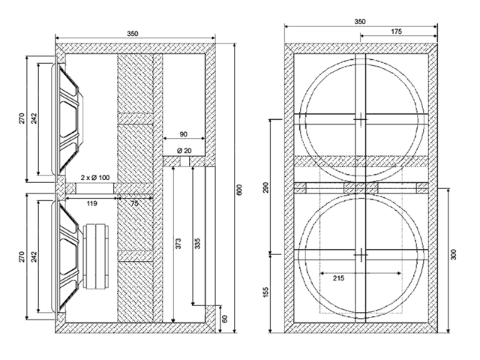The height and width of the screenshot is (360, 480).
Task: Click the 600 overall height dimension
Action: pos(239,190)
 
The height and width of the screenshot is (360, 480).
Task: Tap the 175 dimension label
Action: pos(396,31)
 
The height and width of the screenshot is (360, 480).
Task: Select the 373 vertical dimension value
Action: pos(178,243)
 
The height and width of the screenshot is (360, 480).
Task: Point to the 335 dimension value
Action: pos(197,243)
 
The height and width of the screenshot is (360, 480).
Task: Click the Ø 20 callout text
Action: pos(184,150)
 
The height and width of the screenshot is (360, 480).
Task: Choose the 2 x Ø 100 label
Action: pos(95,177)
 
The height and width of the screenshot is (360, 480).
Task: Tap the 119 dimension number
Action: pos(91,203)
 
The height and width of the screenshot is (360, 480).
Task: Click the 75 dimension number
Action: pos(134,203)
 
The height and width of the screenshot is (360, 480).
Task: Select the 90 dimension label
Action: pos(183,134)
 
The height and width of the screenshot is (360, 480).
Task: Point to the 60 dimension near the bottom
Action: pos(224,319)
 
